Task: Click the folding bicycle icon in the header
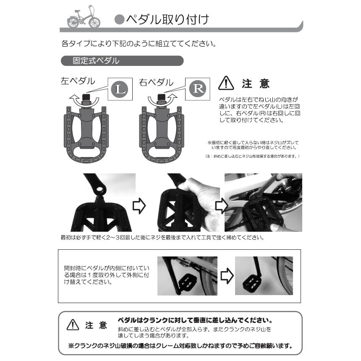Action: click(84, 17)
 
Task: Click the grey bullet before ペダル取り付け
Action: click(119, 20)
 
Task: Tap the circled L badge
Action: click(120, 89)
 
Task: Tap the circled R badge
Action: click(198, 89)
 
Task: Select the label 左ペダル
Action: click(78, 81)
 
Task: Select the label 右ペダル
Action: click(156, 82)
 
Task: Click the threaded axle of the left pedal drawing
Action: click(87, 99)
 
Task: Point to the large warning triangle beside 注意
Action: click(226, 83)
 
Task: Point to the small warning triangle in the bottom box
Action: click(73, 324)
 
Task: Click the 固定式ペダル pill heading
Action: click(122, 61)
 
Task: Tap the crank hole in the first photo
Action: click(99, 189)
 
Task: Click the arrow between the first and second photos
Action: click(139, 206)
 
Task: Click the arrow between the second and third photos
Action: click(222, 206)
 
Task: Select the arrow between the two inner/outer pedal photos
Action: click(227, 276)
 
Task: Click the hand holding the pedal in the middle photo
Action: click(203, 198)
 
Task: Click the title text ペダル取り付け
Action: click(167, 20)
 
